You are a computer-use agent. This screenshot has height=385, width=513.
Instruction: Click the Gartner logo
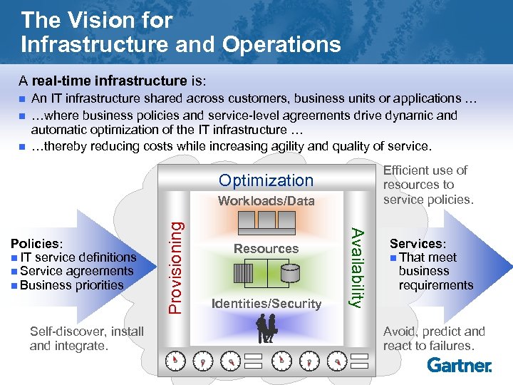(460, 365)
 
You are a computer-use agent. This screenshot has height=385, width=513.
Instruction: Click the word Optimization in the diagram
(266, 180)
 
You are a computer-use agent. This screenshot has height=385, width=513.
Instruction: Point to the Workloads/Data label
(266, 201)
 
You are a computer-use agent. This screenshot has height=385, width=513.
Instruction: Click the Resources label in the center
(266, 249)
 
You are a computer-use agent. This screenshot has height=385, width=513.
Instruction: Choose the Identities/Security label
(266, 304)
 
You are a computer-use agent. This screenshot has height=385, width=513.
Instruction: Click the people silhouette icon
(266, 329)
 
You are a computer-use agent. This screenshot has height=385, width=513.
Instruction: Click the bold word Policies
(35, 243)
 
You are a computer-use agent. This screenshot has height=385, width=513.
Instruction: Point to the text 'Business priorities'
(72, 285)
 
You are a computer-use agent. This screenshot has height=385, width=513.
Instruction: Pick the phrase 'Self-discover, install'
(87, 331)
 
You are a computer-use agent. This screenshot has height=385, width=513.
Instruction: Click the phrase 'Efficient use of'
(425, 170)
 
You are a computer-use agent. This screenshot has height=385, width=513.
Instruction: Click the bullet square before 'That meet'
(394, 258)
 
